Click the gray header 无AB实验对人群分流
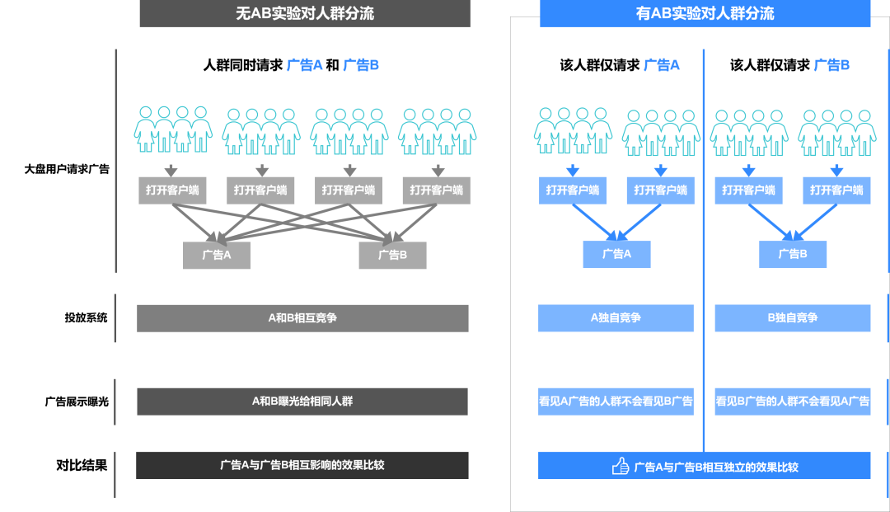point(305,13)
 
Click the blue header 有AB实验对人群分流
point(705,13)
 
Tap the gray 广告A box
point(217,255)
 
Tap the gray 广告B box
point(392,255)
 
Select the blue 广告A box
point(616,254)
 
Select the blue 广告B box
point(793,254)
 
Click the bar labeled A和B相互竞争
point(302,318)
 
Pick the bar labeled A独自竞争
point(616,318)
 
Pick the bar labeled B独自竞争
point(792,318)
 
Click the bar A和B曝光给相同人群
point(302,402)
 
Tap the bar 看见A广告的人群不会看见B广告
point(616,402)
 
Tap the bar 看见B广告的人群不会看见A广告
point(792,402)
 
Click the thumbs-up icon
point(621,467)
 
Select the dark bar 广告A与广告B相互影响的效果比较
point(302,465)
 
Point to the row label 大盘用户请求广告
point(67,169)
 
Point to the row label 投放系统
point(87,317)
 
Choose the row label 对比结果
point(82,465)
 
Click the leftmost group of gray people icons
point(173,129)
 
